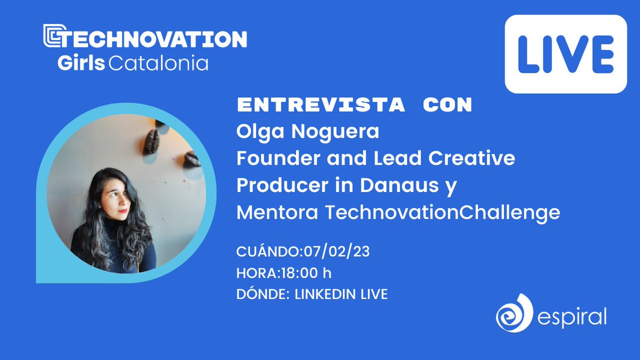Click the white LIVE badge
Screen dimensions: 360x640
tap(566, 54)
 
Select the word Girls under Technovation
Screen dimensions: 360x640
tap(81, 63)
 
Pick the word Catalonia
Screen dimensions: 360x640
tap(158, 63)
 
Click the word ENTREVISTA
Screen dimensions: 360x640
tap(321, 106)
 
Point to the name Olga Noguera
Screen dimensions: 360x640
tap(308, 131)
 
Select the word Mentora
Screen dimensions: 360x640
tap(277, 213)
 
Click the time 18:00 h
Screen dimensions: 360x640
tap(305, 273)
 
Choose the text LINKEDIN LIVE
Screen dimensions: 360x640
tap(341, 294)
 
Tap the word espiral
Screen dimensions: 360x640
tap(572, 318)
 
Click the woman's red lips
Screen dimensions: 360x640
tap(123, 210)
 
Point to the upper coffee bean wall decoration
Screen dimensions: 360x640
tap(151, 142)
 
